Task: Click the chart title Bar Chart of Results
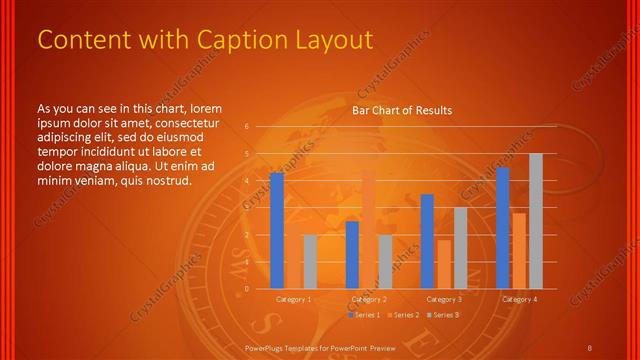tap(402, 110)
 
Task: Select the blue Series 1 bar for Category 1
tap(277, 230)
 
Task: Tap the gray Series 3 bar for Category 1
tap(310, 261)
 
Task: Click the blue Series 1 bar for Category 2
tap(352, 254)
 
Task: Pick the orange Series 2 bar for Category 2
tap(368, 229)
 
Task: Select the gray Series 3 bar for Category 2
tap(385, 261)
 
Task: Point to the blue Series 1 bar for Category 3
tap(427, 241)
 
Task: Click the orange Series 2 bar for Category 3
tap(443, 264)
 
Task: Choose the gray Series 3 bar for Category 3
tap(460, 247)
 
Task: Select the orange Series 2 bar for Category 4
tap(518, 250)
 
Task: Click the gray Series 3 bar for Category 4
tap(535, 220)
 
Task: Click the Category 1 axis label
tap(294, 299)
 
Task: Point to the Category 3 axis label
tap(444, 299)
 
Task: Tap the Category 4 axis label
tap(519, 299)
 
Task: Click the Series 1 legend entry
tap(366, 315)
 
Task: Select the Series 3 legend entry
tap(444, 315)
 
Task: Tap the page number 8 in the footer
tap(590, 347)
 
